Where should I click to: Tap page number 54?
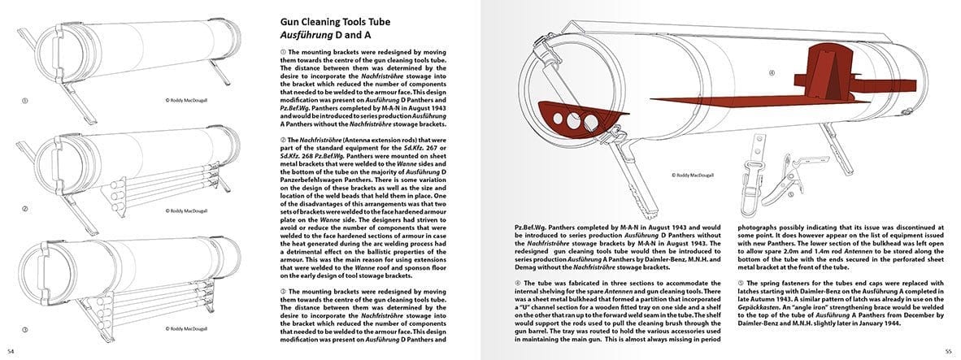pos(11,350)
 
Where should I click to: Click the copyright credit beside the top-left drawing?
pos(189,101)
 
